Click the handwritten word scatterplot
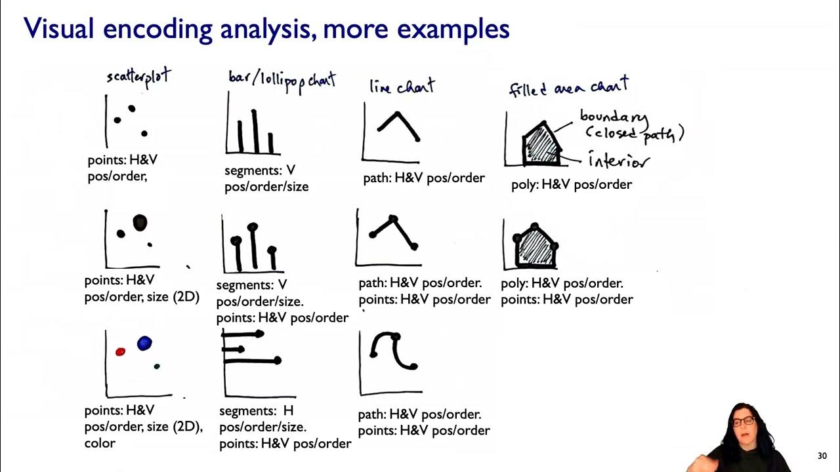pyautogui.click(x=138, y=77)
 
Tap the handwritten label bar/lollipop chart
pyautogui.click(x=282, y=80)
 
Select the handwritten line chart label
pyautogui.click(x=402, y=87)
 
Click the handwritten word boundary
pyautogui.click(x=613, y=117)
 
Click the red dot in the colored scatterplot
pyautogui.click(x=120, y=352)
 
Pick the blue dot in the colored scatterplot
pyautogui.click(x=144, y=343)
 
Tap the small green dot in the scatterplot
pyautogui.click(x=157, y=366)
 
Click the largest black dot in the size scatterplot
pyautogui.click(x=140, y=224)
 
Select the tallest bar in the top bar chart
pyautogui.click(x=255, y=131)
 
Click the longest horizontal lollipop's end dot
pyautogui.click(x=278, y=361)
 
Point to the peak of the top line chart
pyautogui.click(x=397, y=114)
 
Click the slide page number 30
pyautogui.click(x=822, y=456)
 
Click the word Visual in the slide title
pyautogui.click(x=59, y=29)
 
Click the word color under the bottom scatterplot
pyautogui.click(x=100, y=443)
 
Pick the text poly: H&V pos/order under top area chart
pyautogui.click(x=572, y=184)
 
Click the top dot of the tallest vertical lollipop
pyautogui.click(x=253, y=227)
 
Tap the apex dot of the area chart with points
pyautogui.click(x=535, y=227)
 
